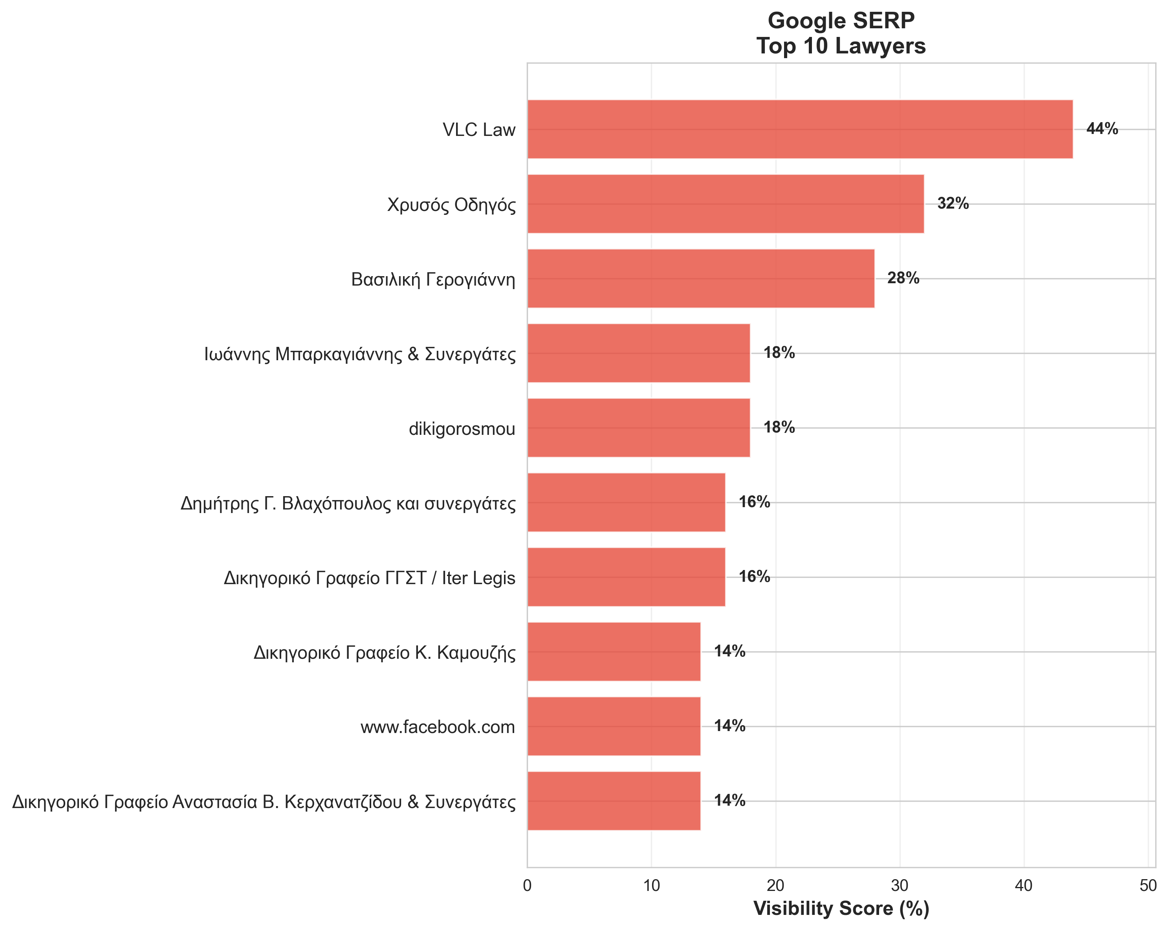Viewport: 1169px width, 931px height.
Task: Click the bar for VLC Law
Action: pyautogui.click(x=799, y=129)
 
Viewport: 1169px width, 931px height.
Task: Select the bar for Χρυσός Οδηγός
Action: pyautogui.click(x=725, y=204)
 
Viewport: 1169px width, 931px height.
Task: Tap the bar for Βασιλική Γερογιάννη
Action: pyautogui.click(x=700, y=278)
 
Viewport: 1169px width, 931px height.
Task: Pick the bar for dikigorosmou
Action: pyautogui.click(x=638, y=428)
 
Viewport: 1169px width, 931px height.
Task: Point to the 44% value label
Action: pyautogui.click(x=1102, y=129)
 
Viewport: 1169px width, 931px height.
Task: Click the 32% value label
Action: pyautogui.click(x=953, y=203)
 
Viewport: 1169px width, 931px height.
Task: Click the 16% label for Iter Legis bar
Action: pyautogui.click(x=754, y=576)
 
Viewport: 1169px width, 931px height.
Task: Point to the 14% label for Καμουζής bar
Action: pyautogui.click(x=729, y=651)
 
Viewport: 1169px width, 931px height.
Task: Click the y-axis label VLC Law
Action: pyautogui.click(x=479, y=130)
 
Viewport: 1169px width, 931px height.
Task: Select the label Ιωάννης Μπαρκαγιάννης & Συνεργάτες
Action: pyautogui.click(x=360, y=354)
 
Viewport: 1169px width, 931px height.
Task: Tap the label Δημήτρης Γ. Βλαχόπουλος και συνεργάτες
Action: pyautogui.click(x=348, y=504)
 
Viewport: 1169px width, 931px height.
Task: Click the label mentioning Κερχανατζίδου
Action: pyautogui.click(x=264, y=801)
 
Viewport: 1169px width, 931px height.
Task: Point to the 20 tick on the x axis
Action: pyautogui.click(x=775, y=886)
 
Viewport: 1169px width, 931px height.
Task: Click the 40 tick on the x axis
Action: pyautogui.click(x=1024, y=886)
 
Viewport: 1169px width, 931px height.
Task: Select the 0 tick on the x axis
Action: pyautogui.click(x=527, y=886)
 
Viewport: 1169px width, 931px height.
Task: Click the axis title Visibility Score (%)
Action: pyautogui.click(x=841, y=909)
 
